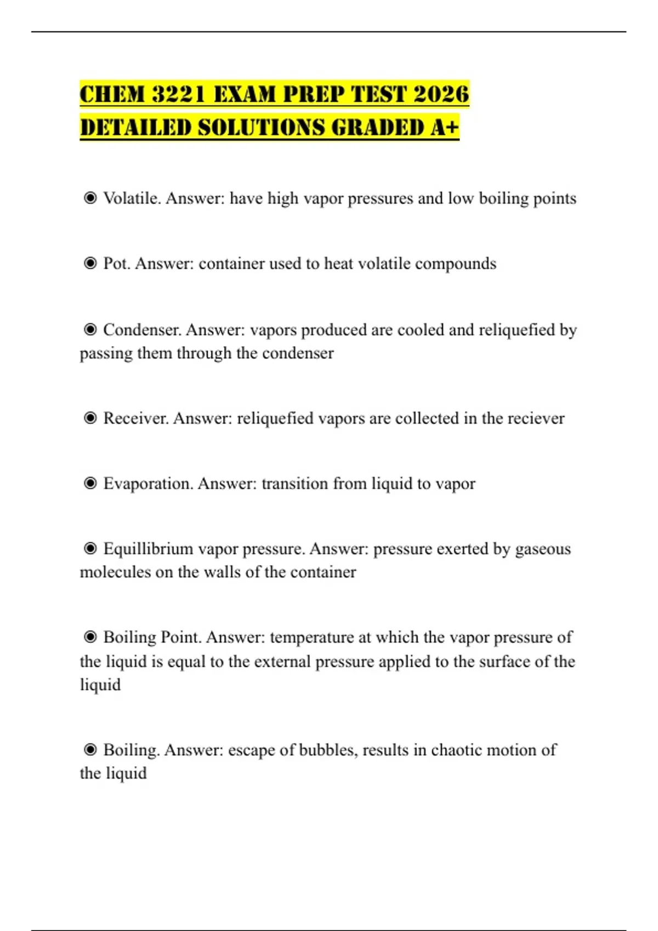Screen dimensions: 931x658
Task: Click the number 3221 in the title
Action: click(178, 94)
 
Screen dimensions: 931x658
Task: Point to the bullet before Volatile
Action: click(90, 198)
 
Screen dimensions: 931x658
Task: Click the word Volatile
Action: click(132, 198)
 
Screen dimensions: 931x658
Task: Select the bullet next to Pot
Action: click(90, 263)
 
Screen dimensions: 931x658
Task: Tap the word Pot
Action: click(116, 263)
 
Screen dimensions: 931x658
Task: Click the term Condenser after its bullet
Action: click(142, 330)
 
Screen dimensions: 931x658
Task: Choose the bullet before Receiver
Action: click(90, 418)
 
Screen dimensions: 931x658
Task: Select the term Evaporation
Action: click(148, 484)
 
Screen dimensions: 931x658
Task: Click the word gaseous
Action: click(542, 549)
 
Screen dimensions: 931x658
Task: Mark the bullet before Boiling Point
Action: click(90, 637)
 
